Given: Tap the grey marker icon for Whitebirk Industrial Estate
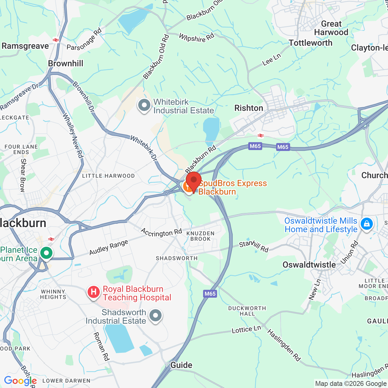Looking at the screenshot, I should (x=144, y=105).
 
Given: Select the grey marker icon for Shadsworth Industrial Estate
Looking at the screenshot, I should (x=156, y=316).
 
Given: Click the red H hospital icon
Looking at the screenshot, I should (x=94, y=292).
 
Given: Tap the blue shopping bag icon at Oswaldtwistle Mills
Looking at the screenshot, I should (x=366, y=224).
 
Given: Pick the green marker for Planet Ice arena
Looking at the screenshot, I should (x=46, y=253).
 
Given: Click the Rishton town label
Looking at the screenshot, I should (x=249, y=108).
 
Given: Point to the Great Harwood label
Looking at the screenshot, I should (x=331, y=28).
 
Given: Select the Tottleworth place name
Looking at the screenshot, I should (x=310, y=43).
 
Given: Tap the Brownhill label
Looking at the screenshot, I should (x=65, y=63).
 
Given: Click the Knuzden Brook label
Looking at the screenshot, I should (x=200, y=236).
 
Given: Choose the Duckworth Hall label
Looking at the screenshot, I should (x=247, y=311).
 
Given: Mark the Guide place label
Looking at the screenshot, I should (x=181, y=365).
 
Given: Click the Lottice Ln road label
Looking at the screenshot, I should (x=246, y=330).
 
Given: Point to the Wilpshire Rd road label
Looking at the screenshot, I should (x=196, y=38).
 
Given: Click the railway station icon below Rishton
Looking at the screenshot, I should (x=261, y=135).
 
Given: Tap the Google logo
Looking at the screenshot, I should (x=20, y=381).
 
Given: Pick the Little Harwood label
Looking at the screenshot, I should (x=108, y=176).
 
